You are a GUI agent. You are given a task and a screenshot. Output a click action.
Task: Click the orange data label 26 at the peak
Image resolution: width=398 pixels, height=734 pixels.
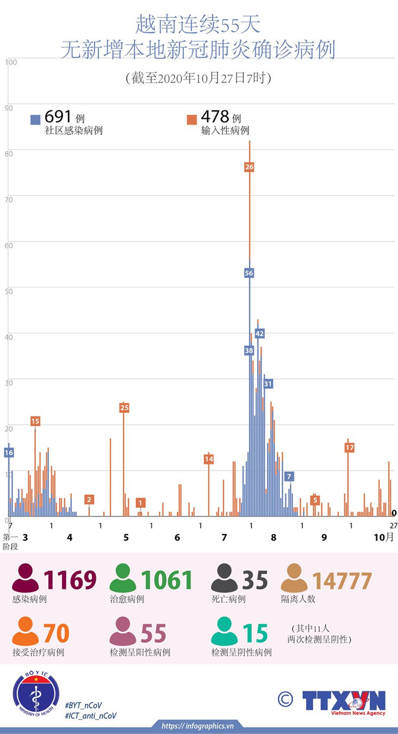coord(249,166)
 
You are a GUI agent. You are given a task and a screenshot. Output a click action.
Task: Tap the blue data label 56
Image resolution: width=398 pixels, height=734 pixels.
coord(249,273)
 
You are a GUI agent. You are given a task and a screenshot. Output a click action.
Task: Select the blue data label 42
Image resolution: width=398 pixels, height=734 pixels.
coord(260,333)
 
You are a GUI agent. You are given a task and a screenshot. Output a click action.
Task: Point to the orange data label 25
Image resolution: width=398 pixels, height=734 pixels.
coord(124,408)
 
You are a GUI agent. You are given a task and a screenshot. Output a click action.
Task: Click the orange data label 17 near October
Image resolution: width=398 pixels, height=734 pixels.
coord(350,447)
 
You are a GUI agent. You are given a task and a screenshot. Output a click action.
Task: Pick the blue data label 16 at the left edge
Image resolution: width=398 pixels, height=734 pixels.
coord(8,452)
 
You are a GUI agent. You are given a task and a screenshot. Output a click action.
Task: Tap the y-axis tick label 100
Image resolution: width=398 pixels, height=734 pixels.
coord(11,61)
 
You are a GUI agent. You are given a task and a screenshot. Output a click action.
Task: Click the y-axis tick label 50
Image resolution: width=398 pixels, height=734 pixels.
coord(8,291)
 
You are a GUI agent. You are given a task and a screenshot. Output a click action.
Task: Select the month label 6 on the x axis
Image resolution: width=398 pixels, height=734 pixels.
coord(177,537)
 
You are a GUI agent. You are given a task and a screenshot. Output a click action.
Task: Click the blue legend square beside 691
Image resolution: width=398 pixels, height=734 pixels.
coord(36,119)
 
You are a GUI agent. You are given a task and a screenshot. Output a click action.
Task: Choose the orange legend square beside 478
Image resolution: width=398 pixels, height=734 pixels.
coord(192,119)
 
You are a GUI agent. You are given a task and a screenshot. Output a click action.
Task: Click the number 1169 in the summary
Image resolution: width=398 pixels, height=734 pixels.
coord(70,580)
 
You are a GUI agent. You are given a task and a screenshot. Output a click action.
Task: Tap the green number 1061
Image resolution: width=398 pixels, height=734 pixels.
coord(166,580)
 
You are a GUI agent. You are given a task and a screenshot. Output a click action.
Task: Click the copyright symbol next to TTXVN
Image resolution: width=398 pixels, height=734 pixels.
coord(285,699)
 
